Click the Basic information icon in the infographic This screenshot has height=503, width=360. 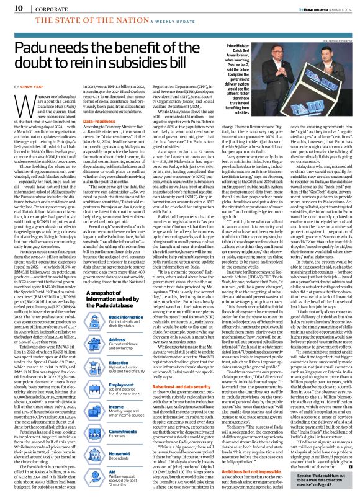[x=110, y=303]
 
